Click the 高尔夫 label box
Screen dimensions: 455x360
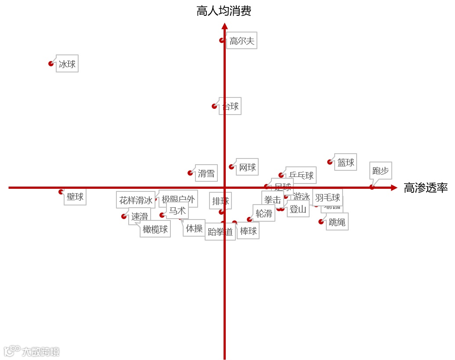click(x=242, y=41)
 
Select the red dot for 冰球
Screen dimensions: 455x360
click(x=51, y=64)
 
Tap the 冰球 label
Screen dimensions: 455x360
click(x=67, y=64)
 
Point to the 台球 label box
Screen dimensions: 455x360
click(x=231, y=106)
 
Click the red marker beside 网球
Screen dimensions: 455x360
click(x=231, y=167)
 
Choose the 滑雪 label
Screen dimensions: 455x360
click(x=206, y=173)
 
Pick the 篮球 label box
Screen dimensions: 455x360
click(x=346, y=162)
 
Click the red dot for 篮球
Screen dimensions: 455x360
click(x=330, y=162)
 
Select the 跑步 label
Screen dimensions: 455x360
click(x=380, y=171)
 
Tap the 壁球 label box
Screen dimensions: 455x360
click(x=75, y=197)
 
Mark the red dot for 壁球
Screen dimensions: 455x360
click(x=61, y=191)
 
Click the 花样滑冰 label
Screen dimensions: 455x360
click(x=136, y=200)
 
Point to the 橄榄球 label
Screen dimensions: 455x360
click(x=155, y=229)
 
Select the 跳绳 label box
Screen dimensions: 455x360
click(x=337, y=222)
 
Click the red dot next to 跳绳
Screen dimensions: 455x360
click(x=321, y=222)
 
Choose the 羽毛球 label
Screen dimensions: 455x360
click(x=328, y=198)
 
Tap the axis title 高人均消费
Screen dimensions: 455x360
click(x=224, y=11)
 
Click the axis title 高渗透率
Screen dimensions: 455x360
click(x=426, y=188)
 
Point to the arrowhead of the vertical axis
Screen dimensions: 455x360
click(x=224, y=26)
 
